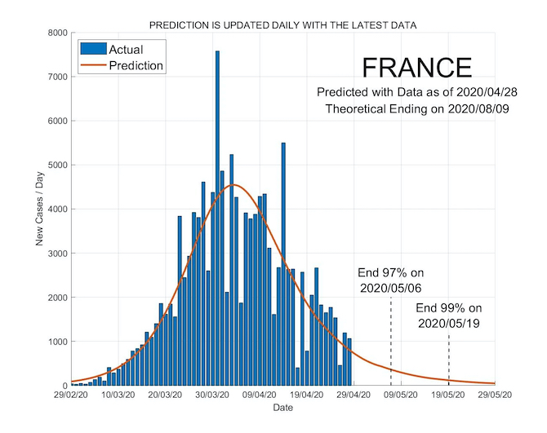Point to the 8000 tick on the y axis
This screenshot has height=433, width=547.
55,33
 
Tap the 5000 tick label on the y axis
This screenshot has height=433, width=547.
55,166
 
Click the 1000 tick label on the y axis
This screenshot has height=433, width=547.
55,342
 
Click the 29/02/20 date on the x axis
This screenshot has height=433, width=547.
73,395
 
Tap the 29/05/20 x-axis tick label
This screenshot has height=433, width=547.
495,395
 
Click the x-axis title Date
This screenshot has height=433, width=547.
283,407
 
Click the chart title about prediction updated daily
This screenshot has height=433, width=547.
283,25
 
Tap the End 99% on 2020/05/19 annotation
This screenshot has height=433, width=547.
449,316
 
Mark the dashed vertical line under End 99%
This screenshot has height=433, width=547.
449,359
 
